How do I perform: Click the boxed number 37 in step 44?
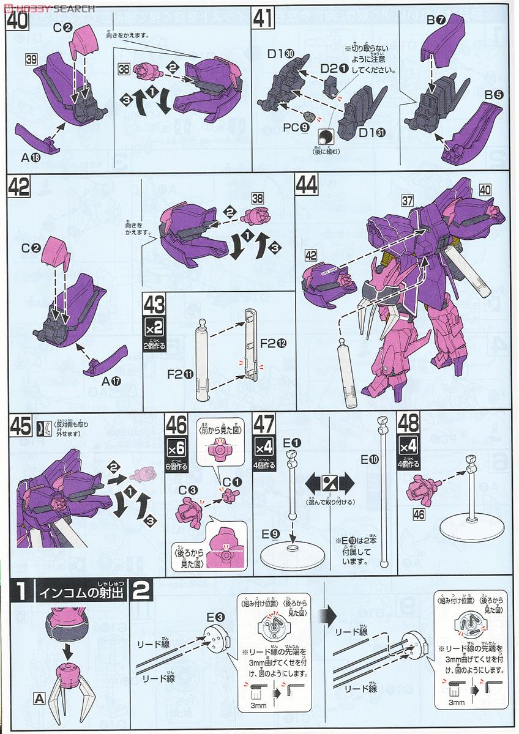click(409, 199)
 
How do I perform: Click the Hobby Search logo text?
click(49, 9)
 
